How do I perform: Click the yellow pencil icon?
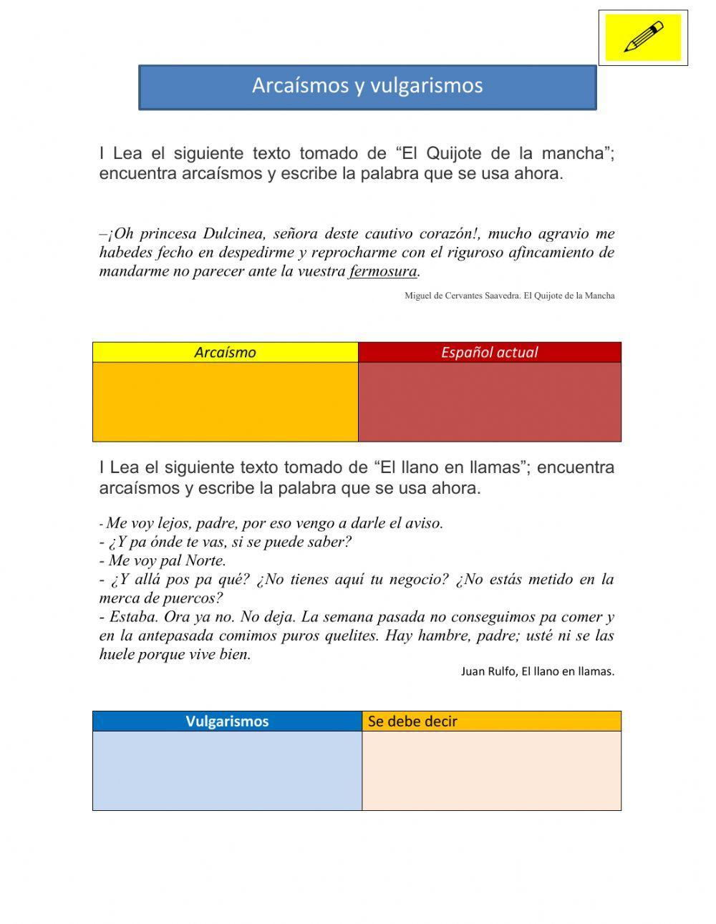click(x=643, y=37)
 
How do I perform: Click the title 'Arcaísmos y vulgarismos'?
click(x=367, y=85)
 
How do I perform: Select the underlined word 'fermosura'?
click(x=382, y=271)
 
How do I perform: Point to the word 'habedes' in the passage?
click(x=125, y=252)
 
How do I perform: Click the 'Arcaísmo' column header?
click(x=225, y=352)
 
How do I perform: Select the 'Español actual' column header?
click(x=489, y=352)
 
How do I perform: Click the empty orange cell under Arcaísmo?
click(x=225, y=402)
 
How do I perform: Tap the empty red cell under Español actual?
click(x=489, y=402)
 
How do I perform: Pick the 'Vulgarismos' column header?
click(x=227, y=721)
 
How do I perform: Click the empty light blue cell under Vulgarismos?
click(x=227, y=770)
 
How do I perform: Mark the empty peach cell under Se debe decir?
click(x=491, y=770)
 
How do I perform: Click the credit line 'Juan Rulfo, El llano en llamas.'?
click(x=537, y=671)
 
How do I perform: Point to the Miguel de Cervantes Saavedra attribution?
click(x=509, y=295)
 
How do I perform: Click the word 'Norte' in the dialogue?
click(x=205, y=560)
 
